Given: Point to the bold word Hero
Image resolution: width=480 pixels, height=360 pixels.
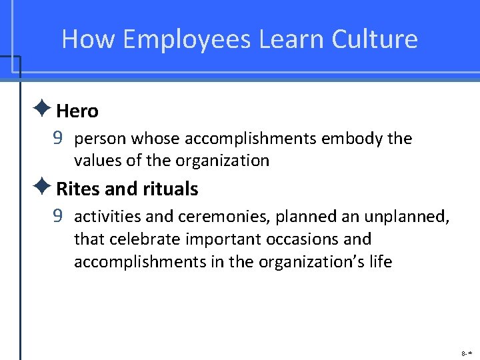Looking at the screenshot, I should pos(77,111).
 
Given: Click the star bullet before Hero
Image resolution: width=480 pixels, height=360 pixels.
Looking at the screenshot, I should pos(46,109).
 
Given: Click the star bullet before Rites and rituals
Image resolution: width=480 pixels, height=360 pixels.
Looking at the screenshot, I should pos(46,187).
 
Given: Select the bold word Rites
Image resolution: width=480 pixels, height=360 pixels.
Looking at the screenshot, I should pos(78,189).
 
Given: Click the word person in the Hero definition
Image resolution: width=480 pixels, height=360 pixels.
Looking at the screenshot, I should pos(101,139).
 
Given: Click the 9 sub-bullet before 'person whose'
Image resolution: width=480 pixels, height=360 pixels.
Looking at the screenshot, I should pos(59,139).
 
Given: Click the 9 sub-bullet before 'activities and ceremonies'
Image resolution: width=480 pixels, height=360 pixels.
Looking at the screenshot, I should pos(59,217).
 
